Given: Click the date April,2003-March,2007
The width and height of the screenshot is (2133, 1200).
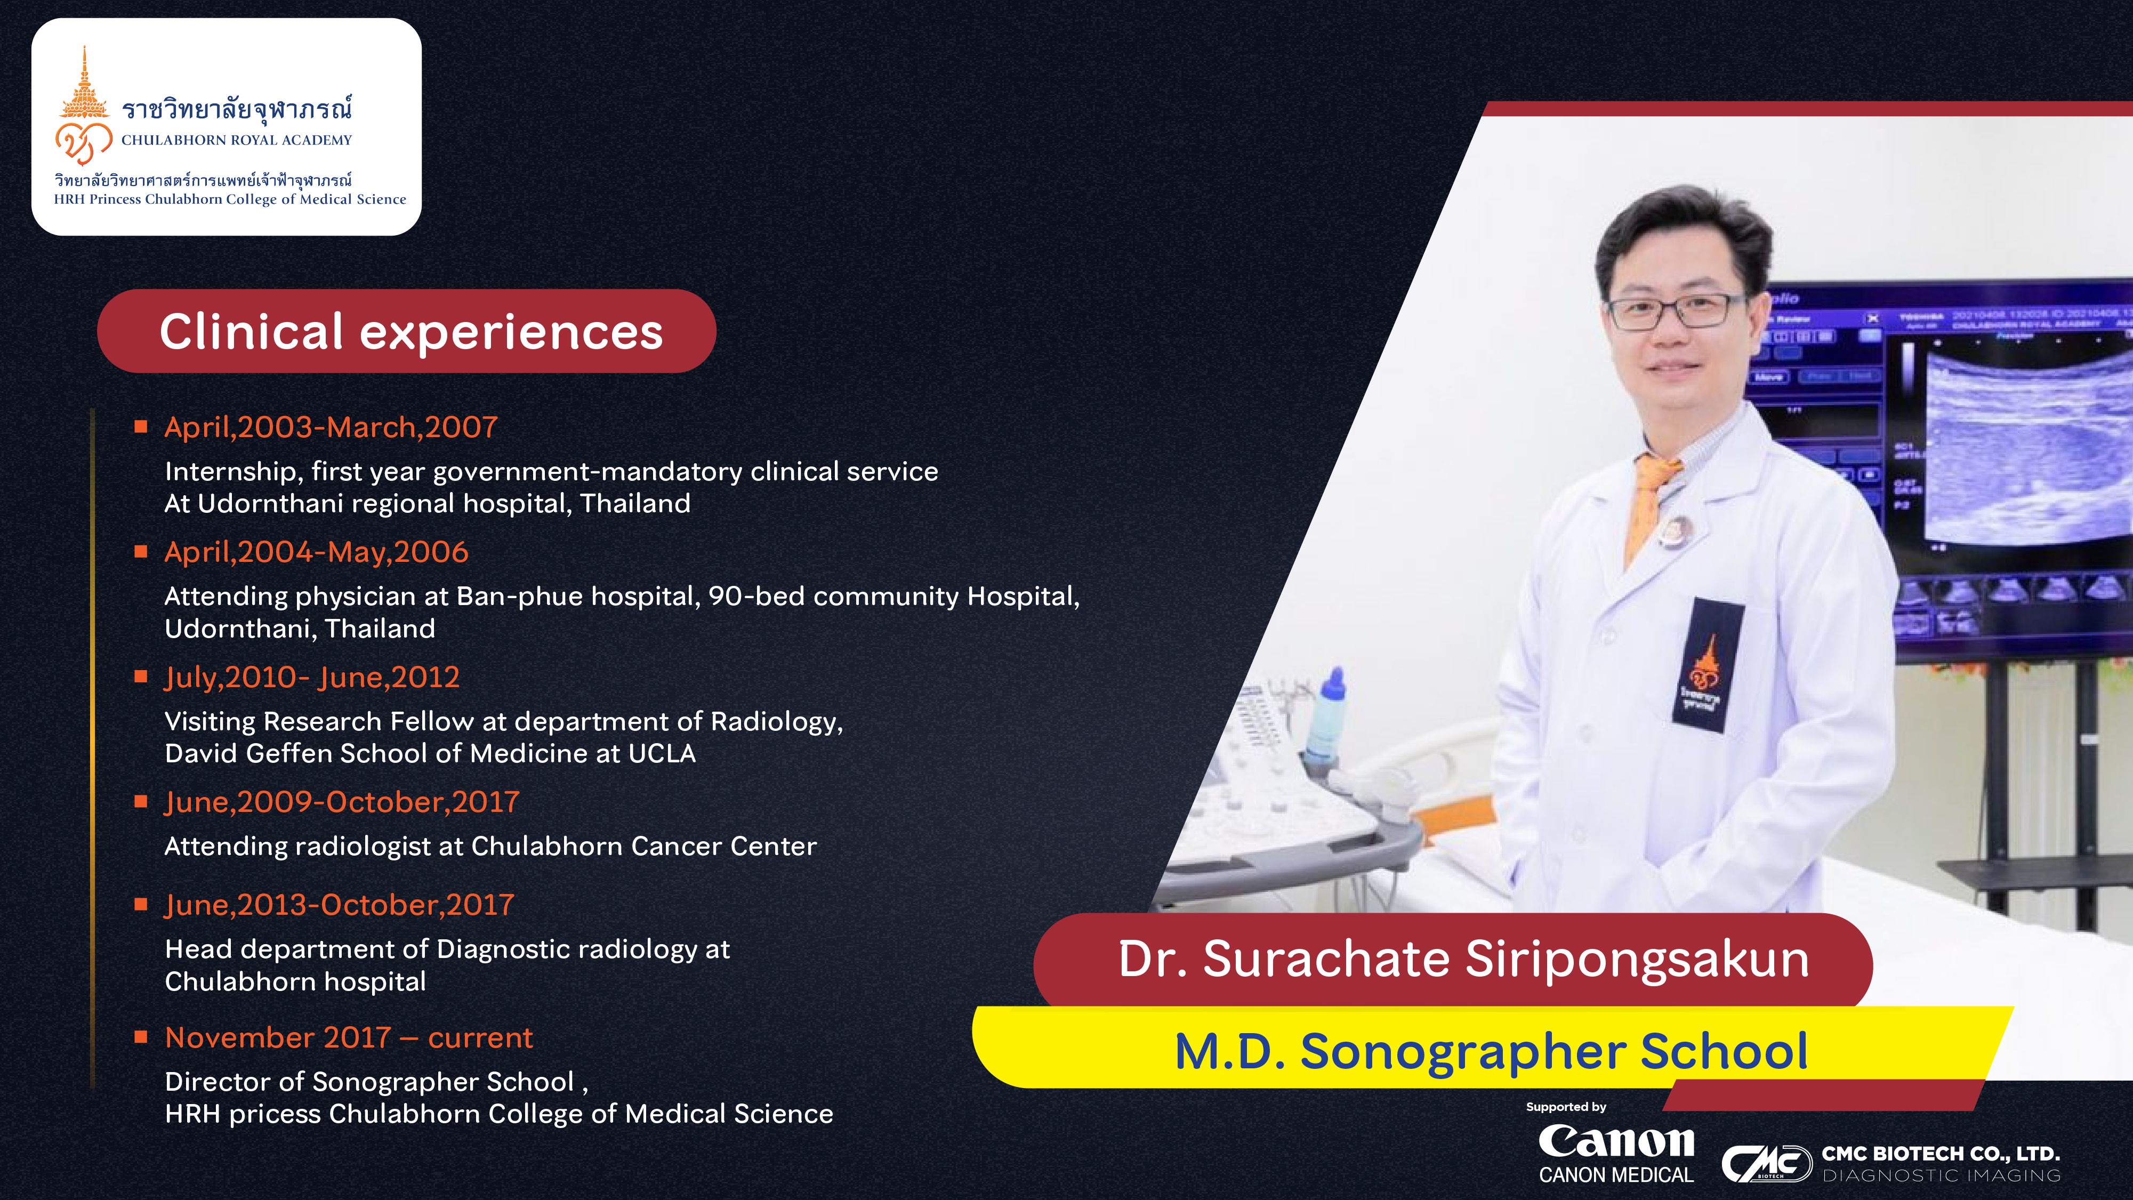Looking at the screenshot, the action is coord(331,428).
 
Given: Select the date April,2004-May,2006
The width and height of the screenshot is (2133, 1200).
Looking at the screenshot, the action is coord(316,552).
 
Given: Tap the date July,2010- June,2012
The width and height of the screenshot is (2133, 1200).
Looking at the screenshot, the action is coord(311,678).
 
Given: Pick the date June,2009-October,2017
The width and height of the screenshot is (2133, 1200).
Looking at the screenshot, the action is coord(341,802).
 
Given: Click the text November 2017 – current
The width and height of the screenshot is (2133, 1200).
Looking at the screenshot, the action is coord(349,1038).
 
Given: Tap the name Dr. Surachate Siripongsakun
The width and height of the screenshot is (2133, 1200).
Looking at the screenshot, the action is coord(1463,959).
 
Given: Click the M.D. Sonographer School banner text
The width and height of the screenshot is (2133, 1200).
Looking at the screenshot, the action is coord(1491,1052).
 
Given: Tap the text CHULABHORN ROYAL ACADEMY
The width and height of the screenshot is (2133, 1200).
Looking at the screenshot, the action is coord(237,140).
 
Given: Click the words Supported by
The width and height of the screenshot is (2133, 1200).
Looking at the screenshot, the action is coord(1566,1107).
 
